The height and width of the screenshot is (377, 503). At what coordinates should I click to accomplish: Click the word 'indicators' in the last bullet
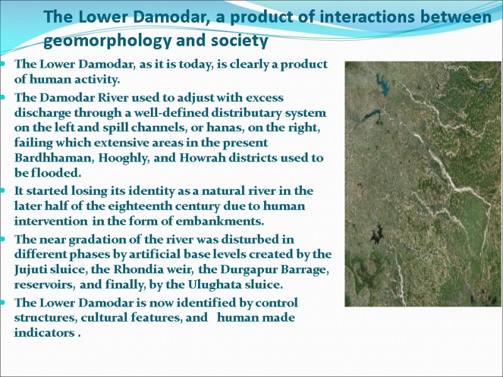point(44,333)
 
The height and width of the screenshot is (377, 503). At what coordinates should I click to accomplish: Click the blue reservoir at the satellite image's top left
point(382,85)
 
